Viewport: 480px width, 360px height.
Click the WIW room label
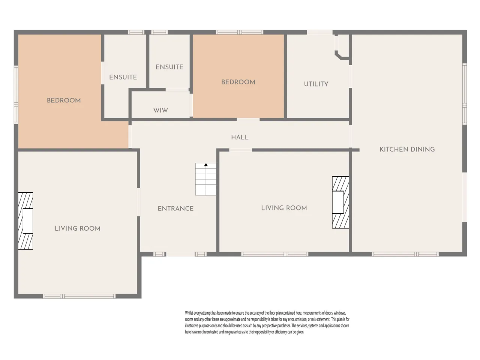click(160, 110)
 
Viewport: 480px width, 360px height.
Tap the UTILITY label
click(316, 84)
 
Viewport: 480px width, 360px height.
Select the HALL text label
click(240, 137)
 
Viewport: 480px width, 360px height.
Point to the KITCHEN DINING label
click(407, 149)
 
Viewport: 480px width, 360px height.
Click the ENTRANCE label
click(175, 208)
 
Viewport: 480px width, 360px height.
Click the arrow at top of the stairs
click(206, 165)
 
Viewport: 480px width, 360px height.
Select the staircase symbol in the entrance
click(206, 179)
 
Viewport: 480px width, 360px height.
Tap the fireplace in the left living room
click(25, 221)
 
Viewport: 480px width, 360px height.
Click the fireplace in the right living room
click(340, 202)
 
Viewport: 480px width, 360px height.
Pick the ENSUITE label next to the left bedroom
click(123, 77)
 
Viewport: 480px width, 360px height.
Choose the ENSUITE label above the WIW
click(169, 67)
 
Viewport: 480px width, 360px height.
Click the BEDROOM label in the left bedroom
click(64, 100)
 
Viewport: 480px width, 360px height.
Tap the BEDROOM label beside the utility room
click(238, 82)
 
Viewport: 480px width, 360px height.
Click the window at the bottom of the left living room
click(79, 296)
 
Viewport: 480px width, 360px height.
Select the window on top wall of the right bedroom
click(240, 32)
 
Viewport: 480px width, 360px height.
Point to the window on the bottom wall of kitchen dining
click(405, 254)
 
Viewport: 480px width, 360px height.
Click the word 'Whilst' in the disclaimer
click(189, 313)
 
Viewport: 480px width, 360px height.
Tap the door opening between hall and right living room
click(240, 150)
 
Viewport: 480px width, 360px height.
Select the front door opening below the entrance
click(180, 254)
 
